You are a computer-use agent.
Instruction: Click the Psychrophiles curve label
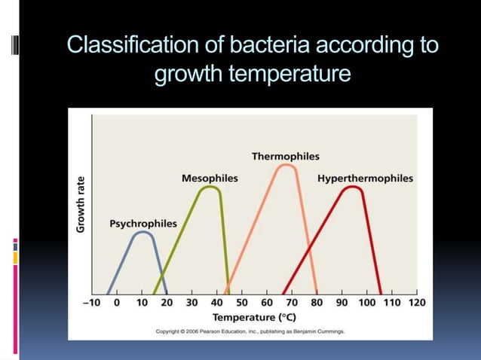[143, 224]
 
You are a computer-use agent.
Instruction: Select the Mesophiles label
[210, 178]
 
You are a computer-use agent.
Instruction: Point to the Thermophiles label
[285, 156]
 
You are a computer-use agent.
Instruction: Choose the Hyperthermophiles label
[365, 178]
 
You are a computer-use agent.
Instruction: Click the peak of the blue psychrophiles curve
[143, 232]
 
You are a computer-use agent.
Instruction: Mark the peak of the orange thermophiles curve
[285, 164]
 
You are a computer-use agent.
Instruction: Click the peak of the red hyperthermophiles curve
[351, 187]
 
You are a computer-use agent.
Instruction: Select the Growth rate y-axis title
[81, 203]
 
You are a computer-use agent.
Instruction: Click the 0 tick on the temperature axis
[117, 303]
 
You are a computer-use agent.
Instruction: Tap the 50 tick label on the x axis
[242, 303]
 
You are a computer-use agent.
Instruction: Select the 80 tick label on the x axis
[317, 303]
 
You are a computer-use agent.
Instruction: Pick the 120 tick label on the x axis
[416, 303]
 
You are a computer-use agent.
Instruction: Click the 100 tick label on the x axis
[366, 303]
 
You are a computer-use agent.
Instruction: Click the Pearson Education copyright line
[250, 331]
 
